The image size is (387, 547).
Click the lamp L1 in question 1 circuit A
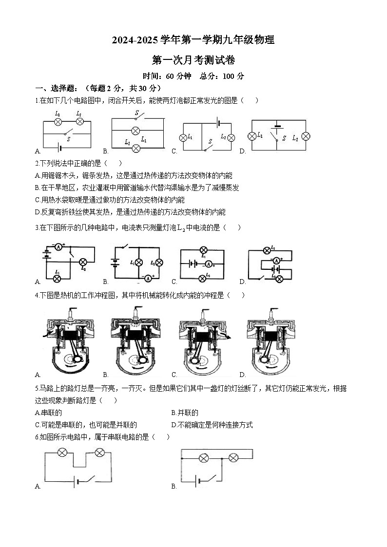click(x=58, y=121)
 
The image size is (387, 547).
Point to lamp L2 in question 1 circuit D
click(x=306, y=136)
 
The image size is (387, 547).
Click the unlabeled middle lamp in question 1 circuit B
click(x=136, y=131)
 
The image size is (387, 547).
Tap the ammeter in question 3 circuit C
click(x=208, y=264)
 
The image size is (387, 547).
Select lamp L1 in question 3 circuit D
click(x=267, y=250)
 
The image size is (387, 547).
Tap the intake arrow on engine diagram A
click(x=46, y=335)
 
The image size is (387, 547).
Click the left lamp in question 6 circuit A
click(x=62, y=453)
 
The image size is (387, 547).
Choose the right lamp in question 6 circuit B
click(x=233, y=458)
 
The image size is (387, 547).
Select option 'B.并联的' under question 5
click(x=185, y=413)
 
